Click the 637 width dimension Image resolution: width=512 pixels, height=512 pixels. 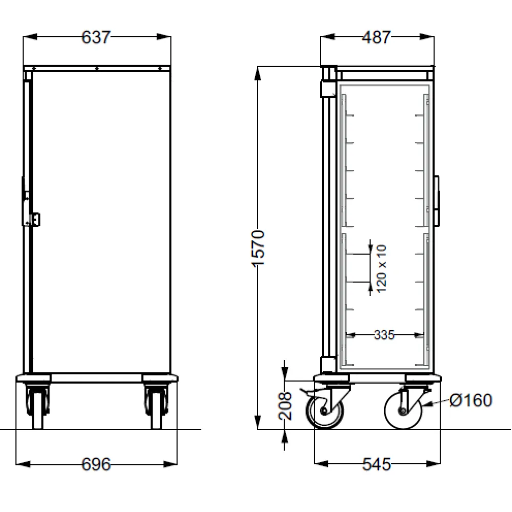[96, 37]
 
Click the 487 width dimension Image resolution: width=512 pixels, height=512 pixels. [376, 37]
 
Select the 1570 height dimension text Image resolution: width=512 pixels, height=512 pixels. [259, 248]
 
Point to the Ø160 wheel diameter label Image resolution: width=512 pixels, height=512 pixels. [471, 400]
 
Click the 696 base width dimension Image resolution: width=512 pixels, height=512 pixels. [96, 464]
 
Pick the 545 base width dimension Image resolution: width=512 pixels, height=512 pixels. [376, 464]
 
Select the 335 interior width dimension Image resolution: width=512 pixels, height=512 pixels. [384, 335]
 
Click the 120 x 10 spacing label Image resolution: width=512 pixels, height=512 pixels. [381, 269]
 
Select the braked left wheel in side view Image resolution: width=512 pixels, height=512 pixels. [325, 411]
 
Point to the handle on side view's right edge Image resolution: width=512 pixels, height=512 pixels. [437, 201]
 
